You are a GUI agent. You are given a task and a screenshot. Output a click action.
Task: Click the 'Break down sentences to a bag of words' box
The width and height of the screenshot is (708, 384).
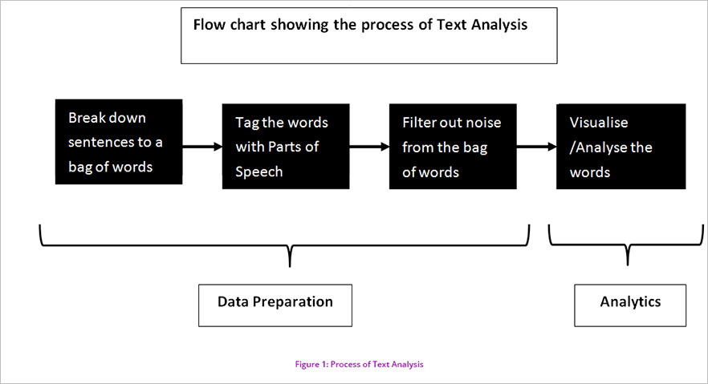pyautogui.click(x=119, y=142)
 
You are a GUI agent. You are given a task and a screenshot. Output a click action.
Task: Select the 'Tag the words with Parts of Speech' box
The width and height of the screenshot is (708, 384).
pyautogui.click(x=286, y=147)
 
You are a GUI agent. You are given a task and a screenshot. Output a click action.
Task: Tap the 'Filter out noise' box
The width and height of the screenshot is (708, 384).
pyautogui.click(x=453, y=147)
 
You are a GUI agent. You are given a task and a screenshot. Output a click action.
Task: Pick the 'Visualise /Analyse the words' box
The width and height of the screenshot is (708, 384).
pyautogui.click(x=621, y=147)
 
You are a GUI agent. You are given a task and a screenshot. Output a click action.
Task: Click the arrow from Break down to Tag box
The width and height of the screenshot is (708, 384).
pyautogui.click(x=202, y=147)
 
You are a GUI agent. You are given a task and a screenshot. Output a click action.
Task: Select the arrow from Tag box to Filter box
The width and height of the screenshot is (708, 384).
pyautogui.click(x=369, y=147)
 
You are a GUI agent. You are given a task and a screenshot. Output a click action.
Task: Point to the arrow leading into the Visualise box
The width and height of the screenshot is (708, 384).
pyautogui.click(x=536, y=147)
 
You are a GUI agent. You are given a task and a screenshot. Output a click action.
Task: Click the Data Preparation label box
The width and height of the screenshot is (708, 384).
pyautogui.click(x=275, y=305)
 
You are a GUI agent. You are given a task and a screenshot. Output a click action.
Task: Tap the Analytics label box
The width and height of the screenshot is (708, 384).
pyautogui.click(x=630, y=305)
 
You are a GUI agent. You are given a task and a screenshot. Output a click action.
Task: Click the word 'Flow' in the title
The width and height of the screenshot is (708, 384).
pyautogui.click(x=209, y=24)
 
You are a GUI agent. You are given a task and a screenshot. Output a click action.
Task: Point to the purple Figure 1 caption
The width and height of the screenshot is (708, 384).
pyautogui.click(x=360, y=364)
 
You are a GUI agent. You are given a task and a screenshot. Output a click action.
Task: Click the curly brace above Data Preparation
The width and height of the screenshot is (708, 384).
pyautogui.click(x=290, y=245)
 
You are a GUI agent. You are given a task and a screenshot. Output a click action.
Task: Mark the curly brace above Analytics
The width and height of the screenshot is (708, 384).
pyautogui.click(x=628, y=245)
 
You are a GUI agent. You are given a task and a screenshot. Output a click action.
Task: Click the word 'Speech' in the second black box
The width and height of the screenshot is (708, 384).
pyautogui.click(x=259, y=172)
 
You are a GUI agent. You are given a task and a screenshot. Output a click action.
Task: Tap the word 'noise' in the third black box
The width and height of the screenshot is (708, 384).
pyautogui.click(x=483, y=122)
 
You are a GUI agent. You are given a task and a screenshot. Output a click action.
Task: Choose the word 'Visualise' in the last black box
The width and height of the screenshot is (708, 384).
pyautogui.click(x=599, y=122)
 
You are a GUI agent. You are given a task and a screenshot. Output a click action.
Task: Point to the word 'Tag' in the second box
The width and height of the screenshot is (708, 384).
pyautogui.click(x=247, y=123)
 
